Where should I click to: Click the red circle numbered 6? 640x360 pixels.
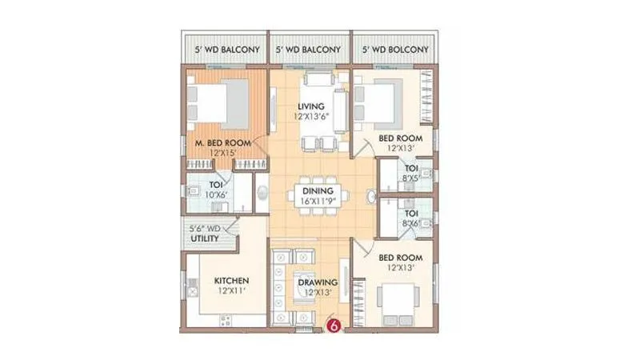[x=335, y=326]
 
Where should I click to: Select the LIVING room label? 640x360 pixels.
[x=310, y=106]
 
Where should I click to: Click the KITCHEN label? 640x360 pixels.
[x=232, y=281]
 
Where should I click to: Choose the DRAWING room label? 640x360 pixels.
[x=318, y=282]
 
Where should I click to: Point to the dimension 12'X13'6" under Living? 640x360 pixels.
[x=310, y=117]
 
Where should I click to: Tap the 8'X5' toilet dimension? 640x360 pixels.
[x=411, y=179]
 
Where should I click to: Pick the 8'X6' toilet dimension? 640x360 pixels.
[x=411, y=225]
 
